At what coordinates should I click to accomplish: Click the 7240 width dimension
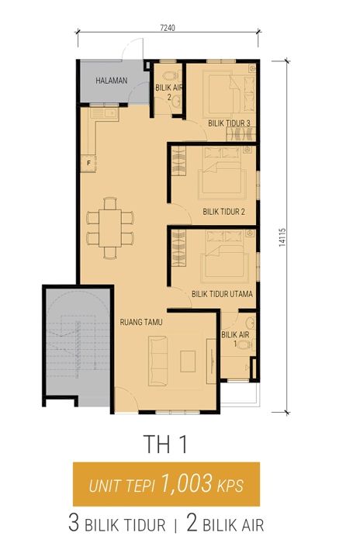click(168, 28)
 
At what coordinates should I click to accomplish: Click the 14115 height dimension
click(282, 237)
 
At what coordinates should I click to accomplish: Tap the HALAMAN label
click(112, 81)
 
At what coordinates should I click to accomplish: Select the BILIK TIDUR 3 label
click(229, 123)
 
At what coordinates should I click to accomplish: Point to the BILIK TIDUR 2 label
click(224, 212)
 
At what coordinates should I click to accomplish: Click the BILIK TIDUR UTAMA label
click(222, 294)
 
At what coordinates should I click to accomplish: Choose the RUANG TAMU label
click(141, 322)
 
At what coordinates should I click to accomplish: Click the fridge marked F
click(88, 163)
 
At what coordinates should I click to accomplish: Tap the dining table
click(110, 228)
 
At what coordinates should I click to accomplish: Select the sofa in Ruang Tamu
click(157, 361)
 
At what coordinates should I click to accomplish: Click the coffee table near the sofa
click(188, 361)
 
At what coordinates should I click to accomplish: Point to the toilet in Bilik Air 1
click(245, 344)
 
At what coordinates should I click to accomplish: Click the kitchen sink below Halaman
click(104, 114)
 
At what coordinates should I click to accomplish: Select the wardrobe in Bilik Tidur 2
click(178, 161)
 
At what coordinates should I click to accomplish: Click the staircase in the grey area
click(78, 347)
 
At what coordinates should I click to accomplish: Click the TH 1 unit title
click(165, 444)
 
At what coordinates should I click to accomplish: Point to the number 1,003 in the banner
click(187, 483)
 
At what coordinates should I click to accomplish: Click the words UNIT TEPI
click(122, 486)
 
